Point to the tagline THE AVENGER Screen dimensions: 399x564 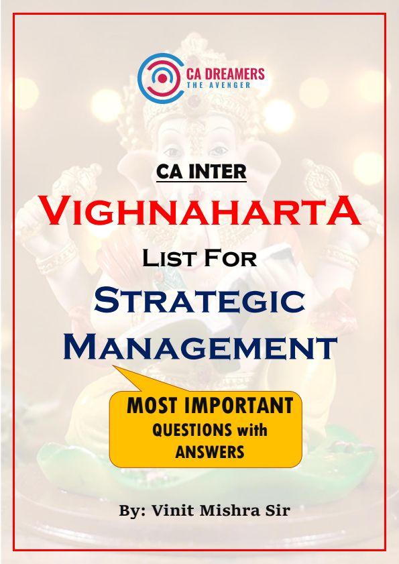219,85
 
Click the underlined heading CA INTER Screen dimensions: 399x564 201,172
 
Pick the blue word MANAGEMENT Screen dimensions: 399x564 200,347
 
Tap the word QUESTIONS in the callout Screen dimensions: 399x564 192,430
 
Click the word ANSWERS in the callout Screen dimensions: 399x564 210,452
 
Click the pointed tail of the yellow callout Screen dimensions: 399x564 114,367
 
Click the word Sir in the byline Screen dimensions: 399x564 277,510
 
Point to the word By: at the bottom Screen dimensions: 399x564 132,511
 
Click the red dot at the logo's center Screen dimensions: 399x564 163,78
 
